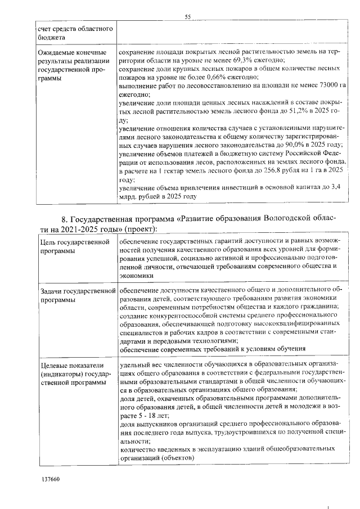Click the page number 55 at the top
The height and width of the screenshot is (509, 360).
[188, 17]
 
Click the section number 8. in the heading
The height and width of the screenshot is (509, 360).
[65, 219]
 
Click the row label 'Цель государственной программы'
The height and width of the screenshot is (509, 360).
[74, 246]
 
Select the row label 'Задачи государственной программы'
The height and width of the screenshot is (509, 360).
[74, 295]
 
